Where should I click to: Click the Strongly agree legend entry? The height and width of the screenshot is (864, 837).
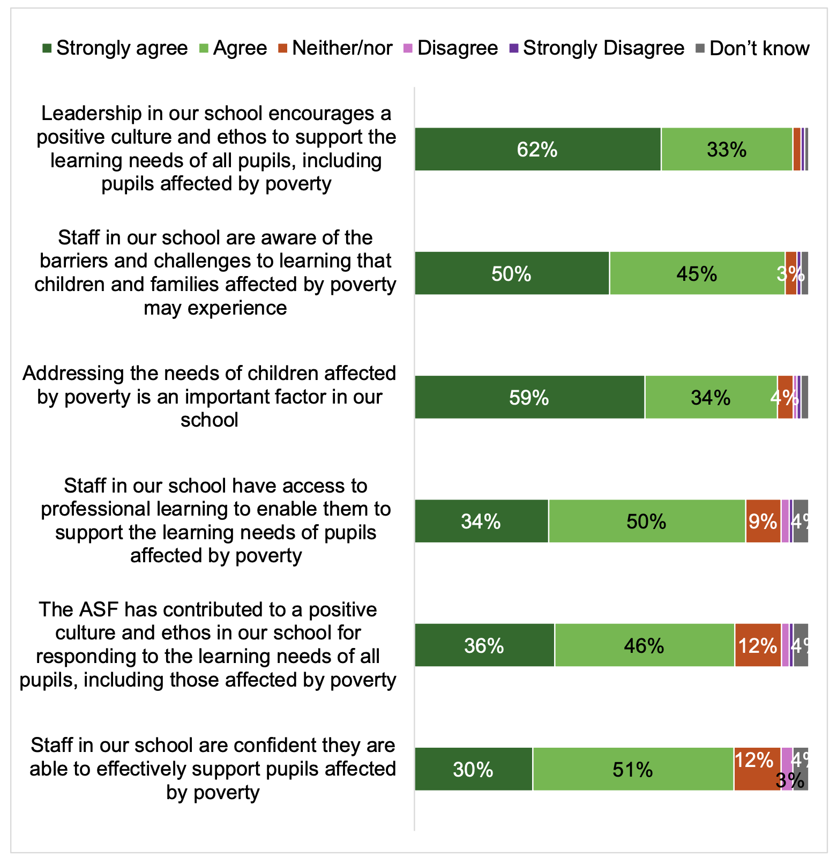115,48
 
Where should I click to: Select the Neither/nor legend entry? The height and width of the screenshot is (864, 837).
336,48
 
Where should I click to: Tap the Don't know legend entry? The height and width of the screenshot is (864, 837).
753,48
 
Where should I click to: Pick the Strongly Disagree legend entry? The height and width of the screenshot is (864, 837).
597,48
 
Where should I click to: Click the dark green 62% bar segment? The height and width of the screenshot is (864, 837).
537,150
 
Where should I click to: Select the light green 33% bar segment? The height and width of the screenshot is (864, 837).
727,150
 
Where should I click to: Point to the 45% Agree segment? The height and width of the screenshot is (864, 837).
697,273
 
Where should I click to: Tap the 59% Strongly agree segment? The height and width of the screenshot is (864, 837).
529,397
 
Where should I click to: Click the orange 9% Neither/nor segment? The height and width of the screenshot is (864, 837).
763,521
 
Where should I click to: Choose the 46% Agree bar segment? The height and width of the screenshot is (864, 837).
644,645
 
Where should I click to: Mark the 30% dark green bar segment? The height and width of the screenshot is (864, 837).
473,769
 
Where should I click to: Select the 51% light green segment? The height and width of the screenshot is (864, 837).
633,769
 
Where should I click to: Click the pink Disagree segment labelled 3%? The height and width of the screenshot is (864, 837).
786,769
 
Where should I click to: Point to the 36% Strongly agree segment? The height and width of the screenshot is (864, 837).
484,645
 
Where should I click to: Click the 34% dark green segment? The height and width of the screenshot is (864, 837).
481,521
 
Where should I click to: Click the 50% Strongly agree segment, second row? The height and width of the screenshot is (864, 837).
511,273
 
